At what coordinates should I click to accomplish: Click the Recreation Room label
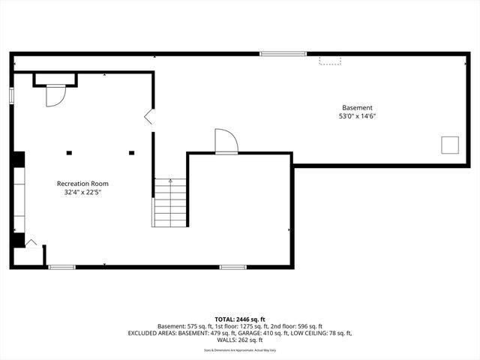[x=82, y=184]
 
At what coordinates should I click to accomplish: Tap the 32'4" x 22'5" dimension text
[x=82, y=193]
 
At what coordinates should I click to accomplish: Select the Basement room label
[x=357, y=107]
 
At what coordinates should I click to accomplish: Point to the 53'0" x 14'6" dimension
[x=357, y=116]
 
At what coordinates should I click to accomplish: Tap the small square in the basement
[x=450, y=145]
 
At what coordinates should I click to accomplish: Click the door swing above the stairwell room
[x=226, y=141]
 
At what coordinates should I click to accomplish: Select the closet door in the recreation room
[x=55, y=95]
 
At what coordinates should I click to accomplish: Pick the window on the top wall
[x=283, y=53]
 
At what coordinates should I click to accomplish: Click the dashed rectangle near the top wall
[x=330, y=59]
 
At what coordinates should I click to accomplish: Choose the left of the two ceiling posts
[x=69, y=153]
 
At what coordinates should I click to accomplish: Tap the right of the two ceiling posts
[x=131, y=153]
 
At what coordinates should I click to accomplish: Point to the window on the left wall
[x=11, y=96]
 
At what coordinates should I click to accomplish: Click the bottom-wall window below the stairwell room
[x=232, y=266]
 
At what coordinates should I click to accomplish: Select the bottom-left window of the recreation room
[x=61, y=266]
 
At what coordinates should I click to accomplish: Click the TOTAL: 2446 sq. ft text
[x=240, y=319]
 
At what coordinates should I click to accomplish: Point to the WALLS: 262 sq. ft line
[x=240, y=340]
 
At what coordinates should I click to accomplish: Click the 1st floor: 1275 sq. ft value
[x=236, y=326]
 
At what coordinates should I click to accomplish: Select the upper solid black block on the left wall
[x=17, y=159]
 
